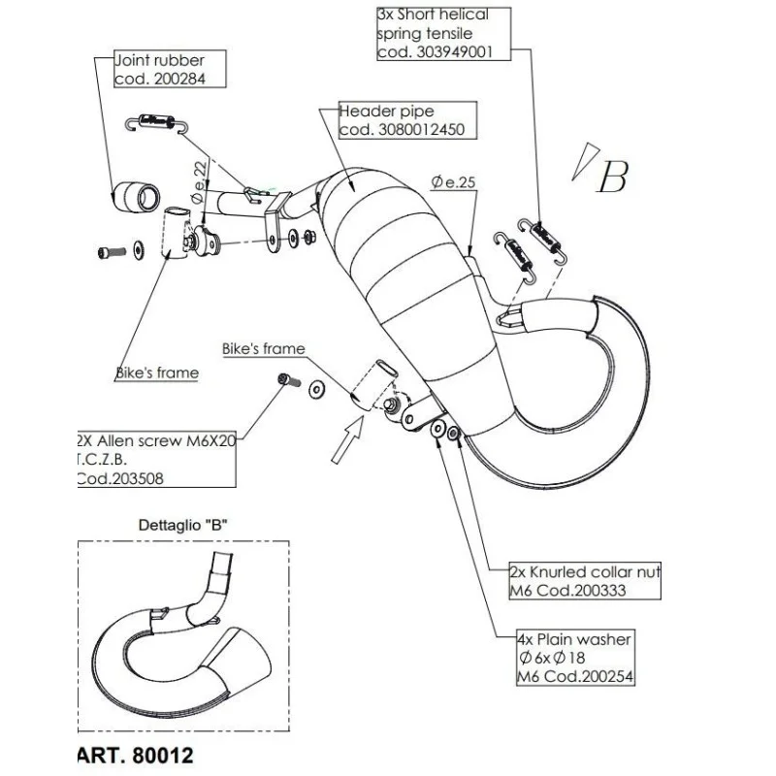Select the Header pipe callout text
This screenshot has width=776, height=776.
386,112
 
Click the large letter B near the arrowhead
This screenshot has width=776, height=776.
613,176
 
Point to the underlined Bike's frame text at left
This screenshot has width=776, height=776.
156,372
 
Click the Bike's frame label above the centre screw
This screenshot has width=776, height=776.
263,348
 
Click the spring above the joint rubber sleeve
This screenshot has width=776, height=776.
153,121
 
